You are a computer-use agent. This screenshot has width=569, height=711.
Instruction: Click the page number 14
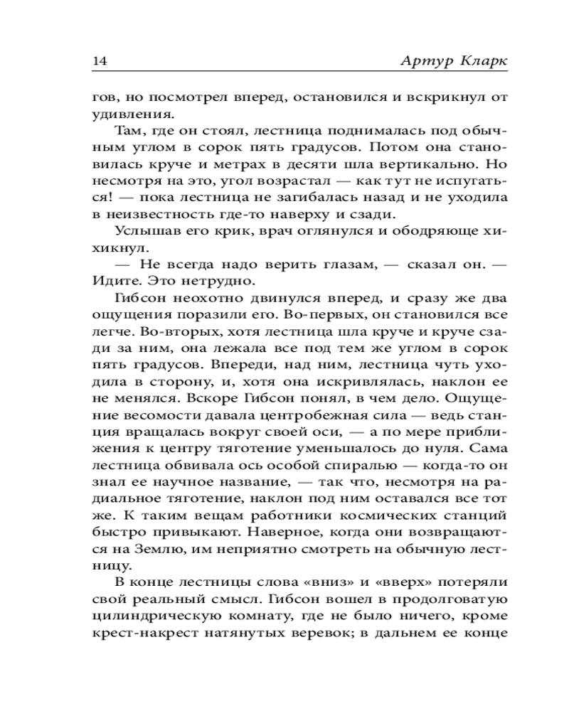(x=100, y=60)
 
